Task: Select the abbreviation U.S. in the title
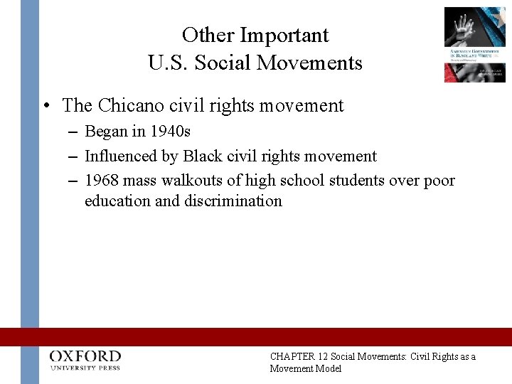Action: (x=168, y=63)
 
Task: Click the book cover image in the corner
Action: (x=474, y=44)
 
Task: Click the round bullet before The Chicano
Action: (x=46, y=107)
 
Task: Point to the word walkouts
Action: (x=196, y=181)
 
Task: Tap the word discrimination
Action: (x=233, y=201)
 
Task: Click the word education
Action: (x=117, y=201)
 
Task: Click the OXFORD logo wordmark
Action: (x=85, y=356)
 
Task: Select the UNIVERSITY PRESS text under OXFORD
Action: (x=85, y=368)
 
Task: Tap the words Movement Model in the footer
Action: (x=306, y=368)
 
